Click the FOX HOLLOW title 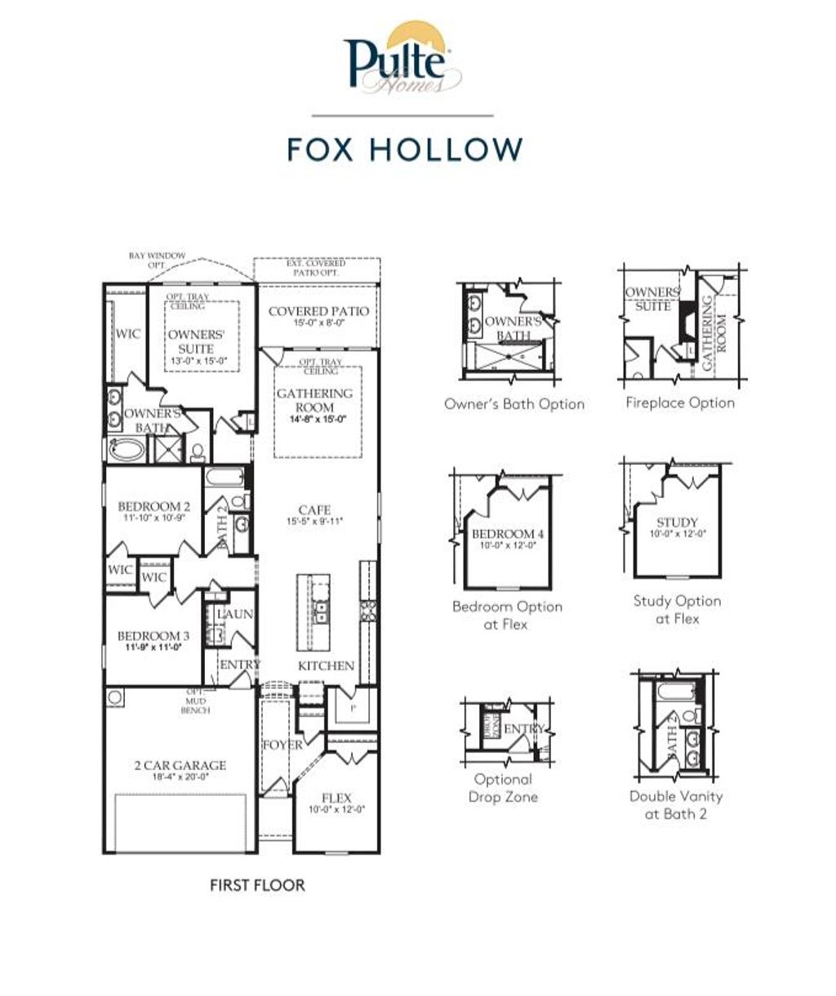[405, 149]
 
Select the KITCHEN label [326, 665]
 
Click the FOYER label [282, 745]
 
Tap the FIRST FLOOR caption [257, 885]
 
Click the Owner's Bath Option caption [514, 403]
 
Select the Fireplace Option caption [680, 402]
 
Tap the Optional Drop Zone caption [503, 788]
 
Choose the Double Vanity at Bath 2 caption [676, 804]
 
